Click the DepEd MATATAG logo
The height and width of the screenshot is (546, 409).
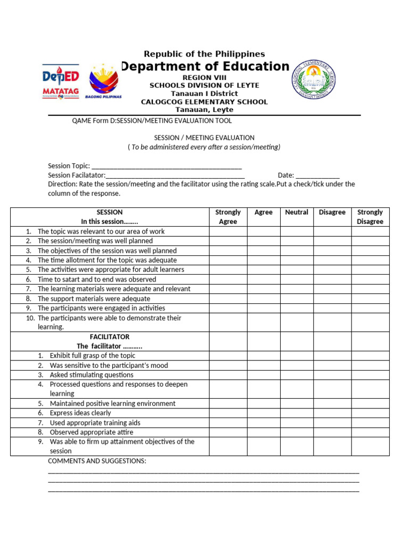[60, 82]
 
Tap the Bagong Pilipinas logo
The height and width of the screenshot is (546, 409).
[105, 82]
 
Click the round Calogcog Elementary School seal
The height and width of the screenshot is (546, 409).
[313, 80]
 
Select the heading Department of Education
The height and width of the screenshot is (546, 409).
[205, 67]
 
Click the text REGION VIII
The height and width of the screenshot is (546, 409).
[204, 77]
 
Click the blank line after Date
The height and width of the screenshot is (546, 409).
[317, 175]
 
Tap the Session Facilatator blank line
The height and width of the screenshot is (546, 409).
[175, 175]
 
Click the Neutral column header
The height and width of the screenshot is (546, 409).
[297, 212]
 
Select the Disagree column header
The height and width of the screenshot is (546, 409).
[332, 212]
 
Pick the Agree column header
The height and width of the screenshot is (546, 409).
[264, 212]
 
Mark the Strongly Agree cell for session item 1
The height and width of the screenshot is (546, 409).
[228, 231]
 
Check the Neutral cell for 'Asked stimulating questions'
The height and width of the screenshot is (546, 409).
[297, 375]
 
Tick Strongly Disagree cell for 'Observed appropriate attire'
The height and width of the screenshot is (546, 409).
[370, 432]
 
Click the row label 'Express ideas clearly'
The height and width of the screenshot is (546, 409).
[80, 413]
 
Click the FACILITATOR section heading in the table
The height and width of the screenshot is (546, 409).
[109, 337]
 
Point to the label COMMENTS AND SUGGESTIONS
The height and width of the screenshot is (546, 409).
[97, 461]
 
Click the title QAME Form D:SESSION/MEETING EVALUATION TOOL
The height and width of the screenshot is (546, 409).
[152, 121]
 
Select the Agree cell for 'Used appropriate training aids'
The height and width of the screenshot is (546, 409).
[264, 423]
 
